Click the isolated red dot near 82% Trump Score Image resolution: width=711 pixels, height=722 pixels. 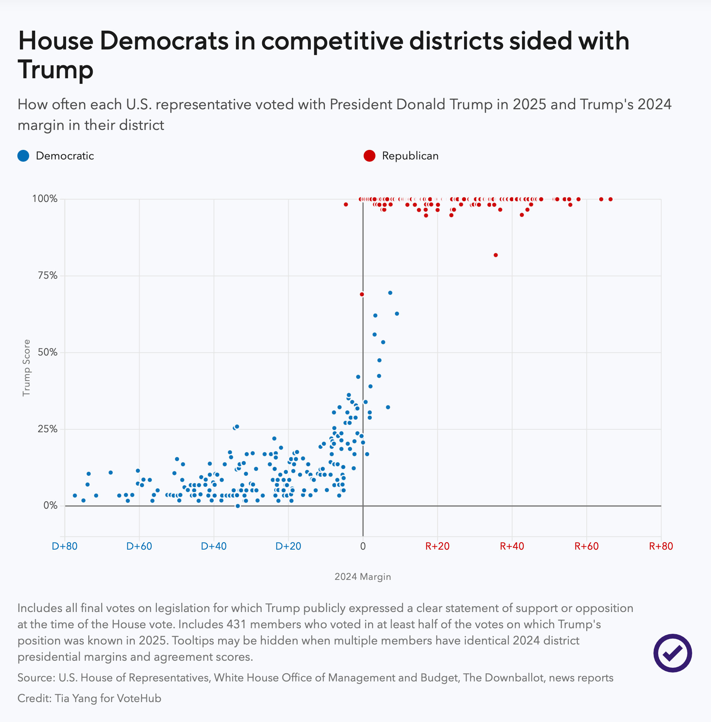pyautogui.click(x=495, y=255)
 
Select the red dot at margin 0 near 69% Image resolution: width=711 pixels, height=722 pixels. pyautogui.click(x=362, y=294)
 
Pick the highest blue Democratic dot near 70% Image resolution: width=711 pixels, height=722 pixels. pyautogui.click(x=390, y=293)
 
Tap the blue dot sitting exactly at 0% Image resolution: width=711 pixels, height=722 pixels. pyautogui.click(x=237, y=506)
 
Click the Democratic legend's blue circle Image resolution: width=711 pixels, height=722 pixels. pyautogui.click(x=24, y=156)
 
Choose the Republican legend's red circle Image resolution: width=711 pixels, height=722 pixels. pyautogui.click(x=369, y=156)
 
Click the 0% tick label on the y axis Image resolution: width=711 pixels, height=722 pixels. pyautogui.click(x=51, y=505)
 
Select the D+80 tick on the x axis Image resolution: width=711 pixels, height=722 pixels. pyautogui.click(x=65, y=546)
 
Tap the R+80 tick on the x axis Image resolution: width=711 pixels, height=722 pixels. pyautogui.click(x=661, y=546)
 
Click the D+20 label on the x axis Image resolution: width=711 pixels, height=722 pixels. pyautogui.click(x=288, y=546)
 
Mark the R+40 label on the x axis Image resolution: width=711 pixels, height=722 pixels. pyautogui.click(x=512, y=546)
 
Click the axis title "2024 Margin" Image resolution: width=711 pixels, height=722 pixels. pyautogui.click(x=363, y=577)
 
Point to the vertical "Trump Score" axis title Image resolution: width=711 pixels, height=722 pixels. pyautogui.click(x=26, y=368)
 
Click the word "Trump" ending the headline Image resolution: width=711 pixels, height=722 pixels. pyautogui.click(x=56, y=70)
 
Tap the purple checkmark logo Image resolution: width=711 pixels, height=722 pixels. pyautogui.click(x=673, y=653)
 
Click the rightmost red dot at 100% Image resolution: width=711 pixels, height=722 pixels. pyautogui.click(x=611, y=199)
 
